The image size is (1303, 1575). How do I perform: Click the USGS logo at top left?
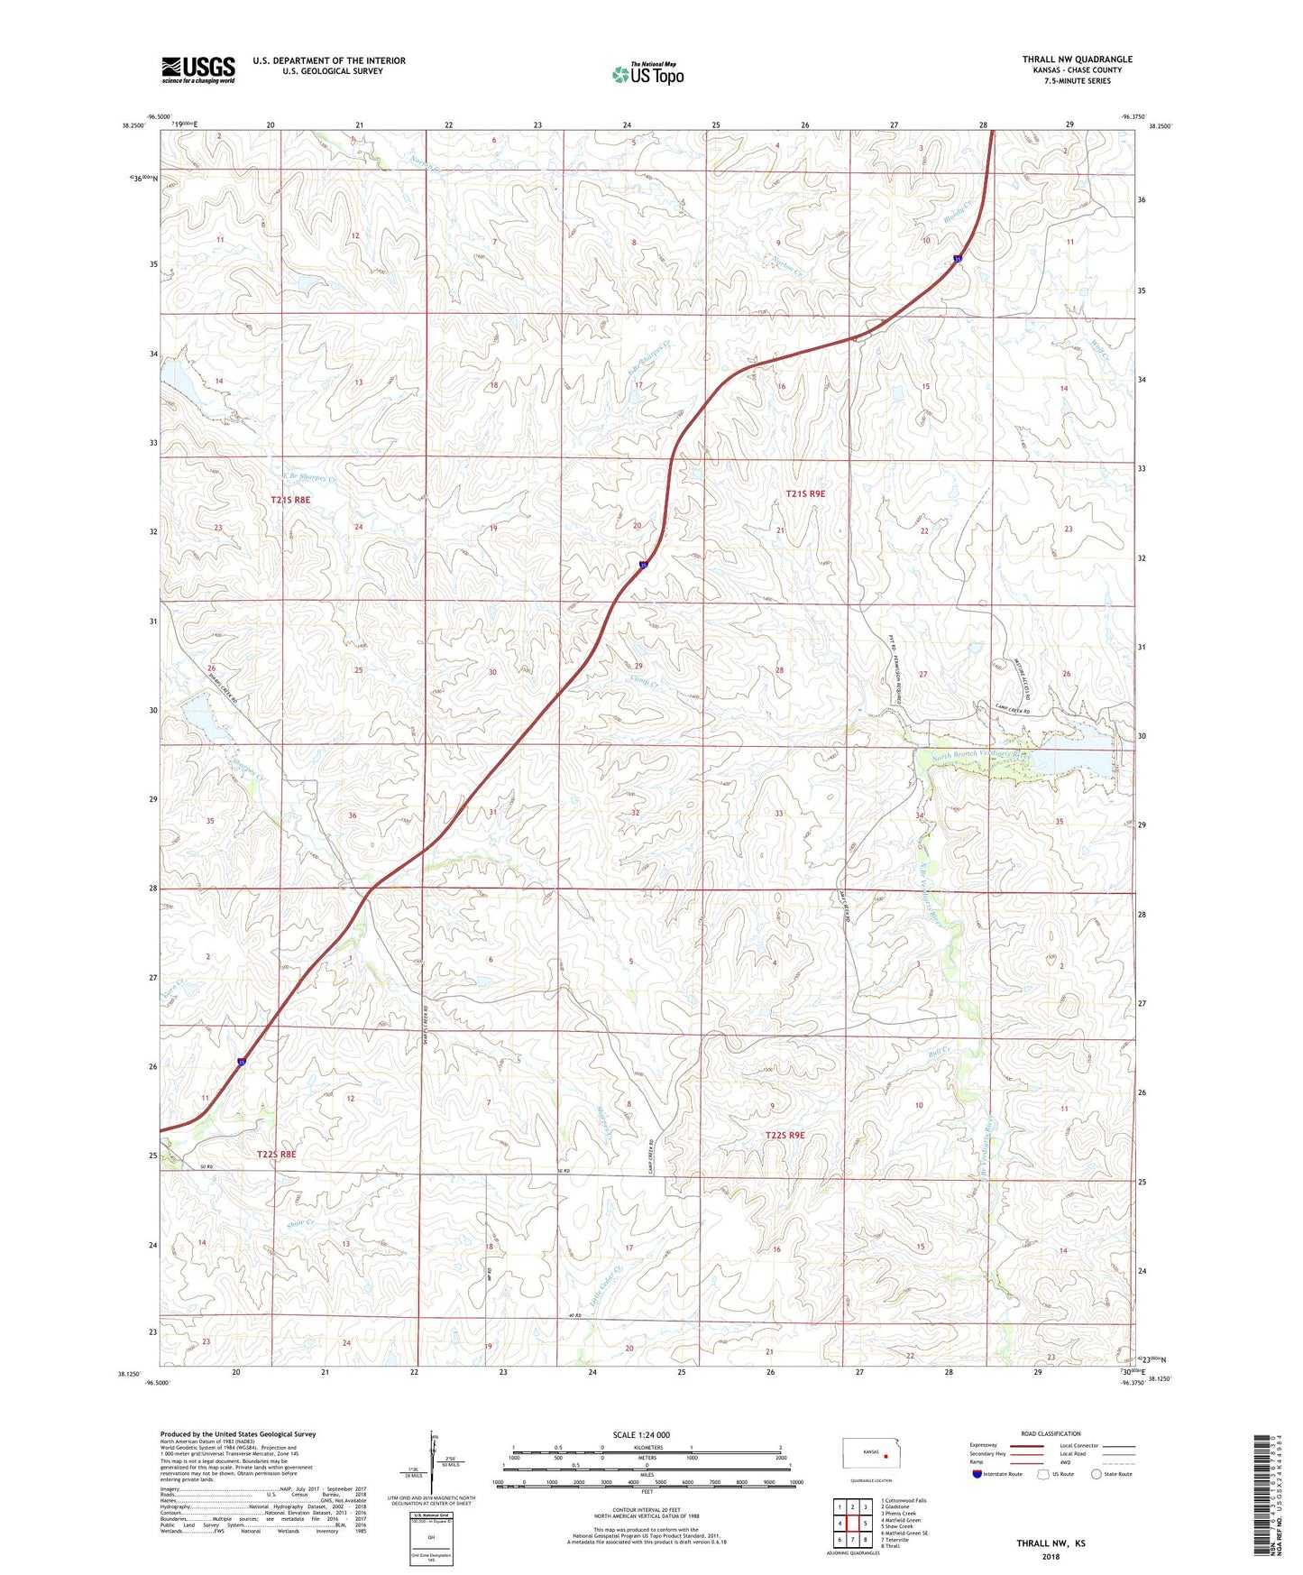pos(198,69)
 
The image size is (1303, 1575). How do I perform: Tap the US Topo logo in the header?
pos(647,74)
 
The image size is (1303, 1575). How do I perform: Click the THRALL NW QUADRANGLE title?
pos(1077,60)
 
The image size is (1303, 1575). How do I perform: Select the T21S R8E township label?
pos(290,499)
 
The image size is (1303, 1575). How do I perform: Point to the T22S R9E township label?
pos(785,1136)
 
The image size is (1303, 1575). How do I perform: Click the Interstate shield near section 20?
pos(643,566)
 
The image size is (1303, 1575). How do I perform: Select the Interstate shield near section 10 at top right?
pos(957,261)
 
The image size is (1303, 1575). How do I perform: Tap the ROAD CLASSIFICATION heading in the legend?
pos(1051,1433)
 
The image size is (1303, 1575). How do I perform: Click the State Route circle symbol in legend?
pos(1097,1474)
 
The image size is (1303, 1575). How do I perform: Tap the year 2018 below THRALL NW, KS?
pos(1051,1556)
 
